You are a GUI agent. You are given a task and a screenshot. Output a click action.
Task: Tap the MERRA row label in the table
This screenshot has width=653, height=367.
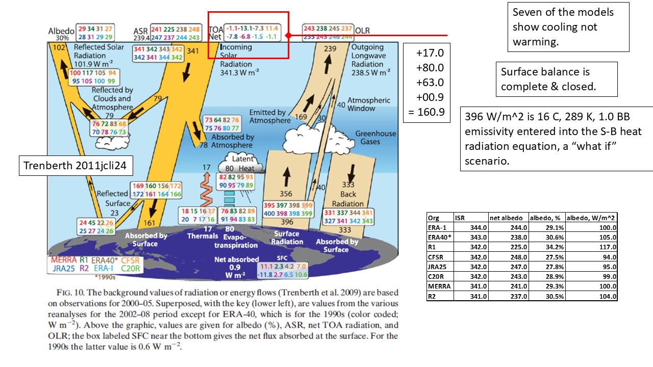(439, 286)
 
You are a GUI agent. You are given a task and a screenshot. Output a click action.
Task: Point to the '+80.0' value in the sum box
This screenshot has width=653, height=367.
(430, 68)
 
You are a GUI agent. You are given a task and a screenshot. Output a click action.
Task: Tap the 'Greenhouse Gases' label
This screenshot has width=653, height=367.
(375, 138)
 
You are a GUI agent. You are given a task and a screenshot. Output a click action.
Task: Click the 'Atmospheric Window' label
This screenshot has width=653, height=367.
(368, 104)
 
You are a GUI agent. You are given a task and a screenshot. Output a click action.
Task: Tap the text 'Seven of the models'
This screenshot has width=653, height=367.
(563, 12)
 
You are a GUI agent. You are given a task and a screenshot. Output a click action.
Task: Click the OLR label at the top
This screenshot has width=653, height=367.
(362, 30)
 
